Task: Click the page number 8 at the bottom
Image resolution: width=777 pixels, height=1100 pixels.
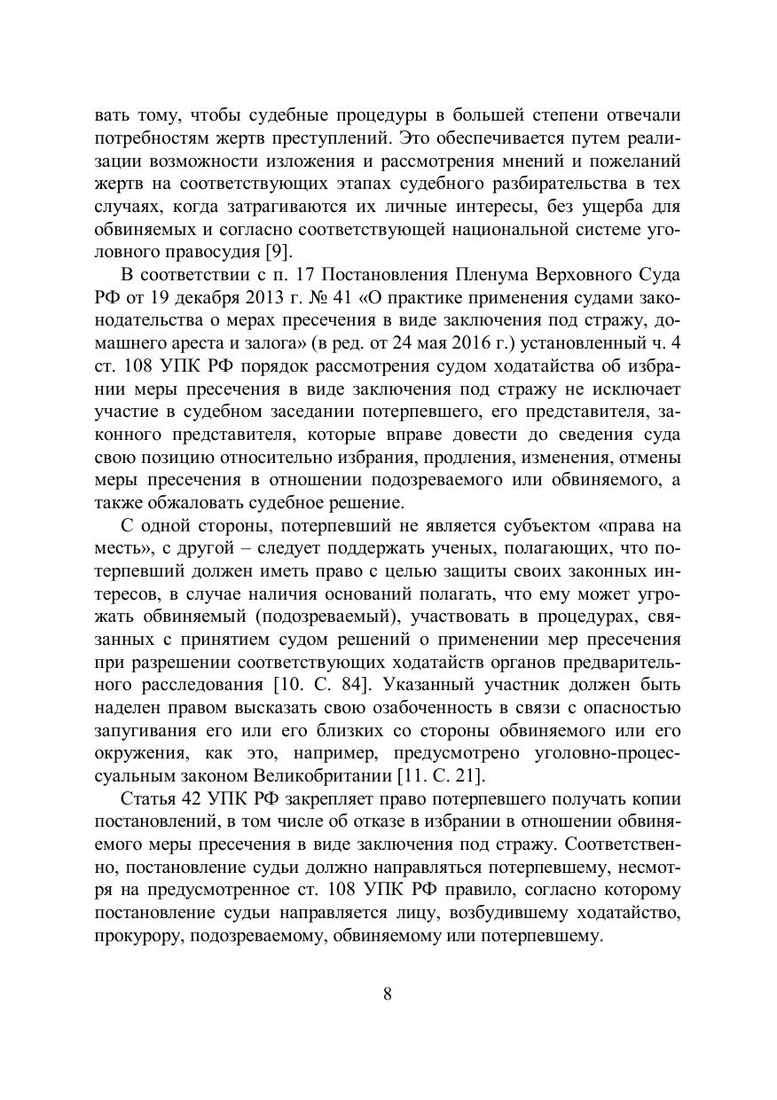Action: (388, 993)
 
